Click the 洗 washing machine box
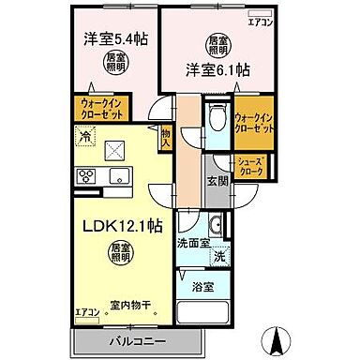pyautogui.click(x=217, y=256)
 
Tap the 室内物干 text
pyautogui.click(x=132, y=302)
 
